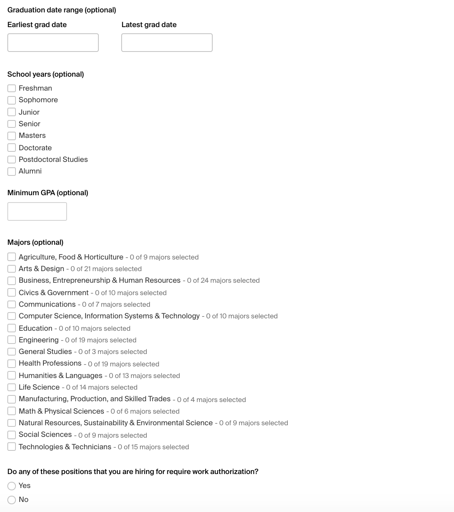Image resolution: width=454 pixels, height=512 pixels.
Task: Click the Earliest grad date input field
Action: pos(53,43)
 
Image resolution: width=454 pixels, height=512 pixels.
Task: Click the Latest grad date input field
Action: pos(167,43)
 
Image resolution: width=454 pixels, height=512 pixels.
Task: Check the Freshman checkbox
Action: pos(12,88)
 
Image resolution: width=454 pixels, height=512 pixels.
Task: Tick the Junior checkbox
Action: pos(12,112)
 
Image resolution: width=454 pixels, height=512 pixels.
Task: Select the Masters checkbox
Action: pos(12,136)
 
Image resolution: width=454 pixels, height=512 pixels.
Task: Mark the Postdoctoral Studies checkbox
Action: pos(12,160)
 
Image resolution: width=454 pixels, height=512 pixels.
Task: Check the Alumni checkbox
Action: pos(12,171)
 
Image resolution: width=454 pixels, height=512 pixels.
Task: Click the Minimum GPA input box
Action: pos(37,211)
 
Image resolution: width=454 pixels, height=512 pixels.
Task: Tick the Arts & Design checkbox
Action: pos(12,269)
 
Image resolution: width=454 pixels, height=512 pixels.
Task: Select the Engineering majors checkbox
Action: pos(12,340)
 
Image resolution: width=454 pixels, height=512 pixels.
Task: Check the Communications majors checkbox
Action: pos(12,304)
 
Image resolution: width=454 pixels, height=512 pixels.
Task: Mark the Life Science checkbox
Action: pos(12,387)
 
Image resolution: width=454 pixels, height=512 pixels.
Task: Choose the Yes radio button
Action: pos(12,486)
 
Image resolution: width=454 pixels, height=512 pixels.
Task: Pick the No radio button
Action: pos(12,500)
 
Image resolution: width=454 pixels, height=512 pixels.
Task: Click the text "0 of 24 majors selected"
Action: pos(223,280)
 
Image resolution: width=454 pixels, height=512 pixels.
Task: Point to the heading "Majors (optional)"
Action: pos(35,242)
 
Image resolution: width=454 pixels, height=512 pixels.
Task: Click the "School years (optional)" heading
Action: pos(46,74)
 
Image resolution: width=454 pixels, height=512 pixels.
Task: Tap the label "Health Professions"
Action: pos(50,363)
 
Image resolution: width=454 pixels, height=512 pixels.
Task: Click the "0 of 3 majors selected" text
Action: pos(113,352)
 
